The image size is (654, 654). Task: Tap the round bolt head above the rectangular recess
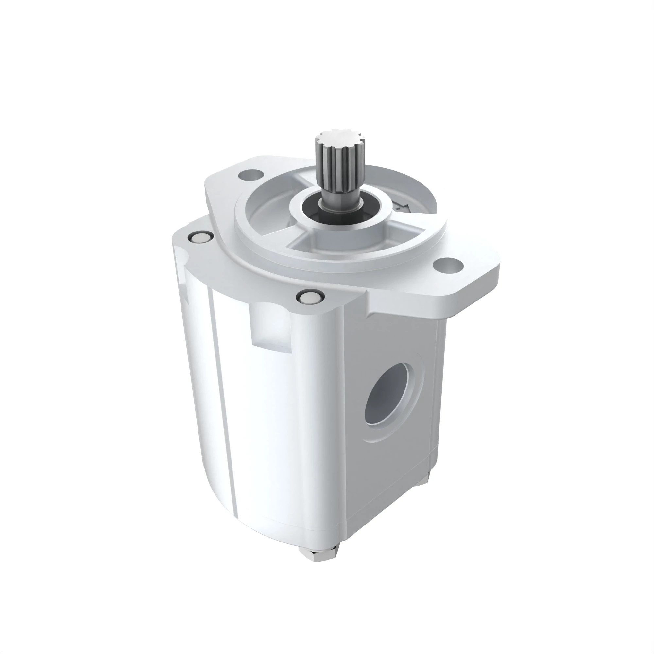coord(309,297)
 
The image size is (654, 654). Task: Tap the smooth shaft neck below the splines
coord(334,198)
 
